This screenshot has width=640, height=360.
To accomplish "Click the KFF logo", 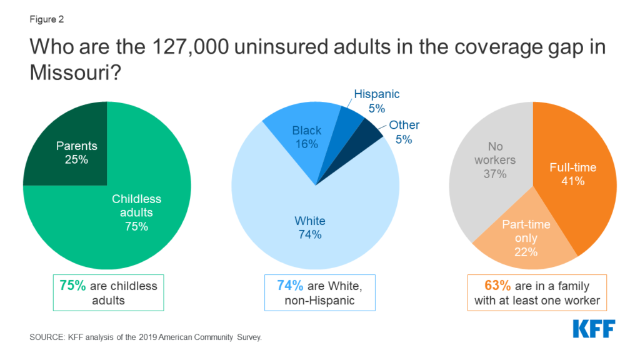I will (x=594, y=329).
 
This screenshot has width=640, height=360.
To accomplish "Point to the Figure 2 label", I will (x=46, y=19).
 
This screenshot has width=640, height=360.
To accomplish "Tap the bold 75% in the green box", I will (x=73, y=286).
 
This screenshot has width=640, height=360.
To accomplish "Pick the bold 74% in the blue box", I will (x=290, y=286).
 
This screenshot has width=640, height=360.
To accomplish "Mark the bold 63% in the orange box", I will (x=498, y=286).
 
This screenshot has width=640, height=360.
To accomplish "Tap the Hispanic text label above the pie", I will (x=376, y=94).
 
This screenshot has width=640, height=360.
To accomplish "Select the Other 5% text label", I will (x=404, y=132).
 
